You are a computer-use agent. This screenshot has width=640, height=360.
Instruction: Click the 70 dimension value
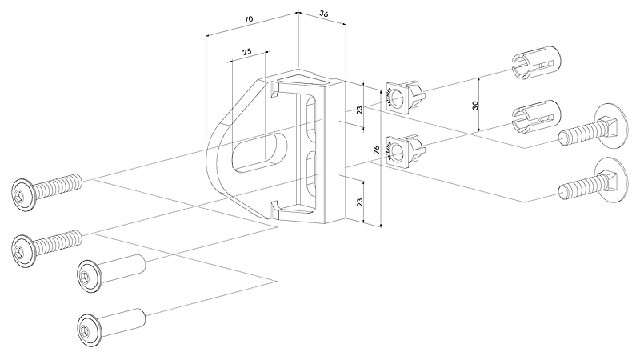[x=249, y=18]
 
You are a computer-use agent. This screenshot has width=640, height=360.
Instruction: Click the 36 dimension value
[x=323, y=14]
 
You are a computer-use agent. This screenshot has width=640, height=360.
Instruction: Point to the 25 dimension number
[x=247, y=51]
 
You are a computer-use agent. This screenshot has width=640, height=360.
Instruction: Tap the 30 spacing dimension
[x=475, y=105]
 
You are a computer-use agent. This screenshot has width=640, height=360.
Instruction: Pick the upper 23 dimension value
[x=360, y=110]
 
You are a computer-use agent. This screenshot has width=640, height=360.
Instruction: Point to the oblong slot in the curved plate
[x=258, y=151]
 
